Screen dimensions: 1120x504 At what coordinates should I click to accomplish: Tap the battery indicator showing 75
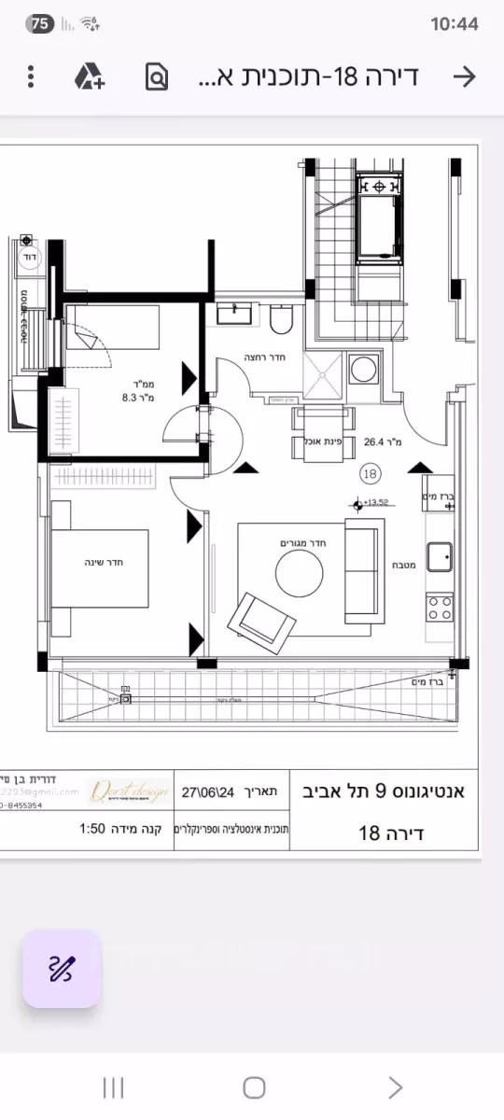[41, 24]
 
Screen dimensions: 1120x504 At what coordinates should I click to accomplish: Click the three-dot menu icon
[31, 77]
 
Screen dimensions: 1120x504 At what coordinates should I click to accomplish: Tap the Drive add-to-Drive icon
[90, 77]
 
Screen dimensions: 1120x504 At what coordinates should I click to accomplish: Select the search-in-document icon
[157, 77]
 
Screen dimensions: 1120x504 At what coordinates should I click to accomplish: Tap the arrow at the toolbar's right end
[464, 77]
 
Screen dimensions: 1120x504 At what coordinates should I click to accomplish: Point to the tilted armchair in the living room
[261, 618]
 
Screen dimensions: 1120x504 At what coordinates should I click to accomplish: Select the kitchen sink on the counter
[441, 557]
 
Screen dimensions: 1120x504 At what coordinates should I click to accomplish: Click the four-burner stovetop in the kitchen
[441, 608]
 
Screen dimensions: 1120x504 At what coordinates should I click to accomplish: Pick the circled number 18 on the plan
[370, 474]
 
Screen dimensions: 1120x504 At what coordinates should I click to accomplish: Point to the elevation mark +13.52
[378, 501]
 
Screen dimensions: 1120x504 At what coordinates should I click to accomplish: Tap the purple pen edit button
[61, 969]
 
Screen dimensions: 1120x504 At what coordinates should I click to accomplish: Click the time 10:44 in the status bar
[455, 24]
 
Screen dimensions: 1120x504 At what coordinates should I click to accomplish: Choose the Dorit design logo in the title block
[129, 791]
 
